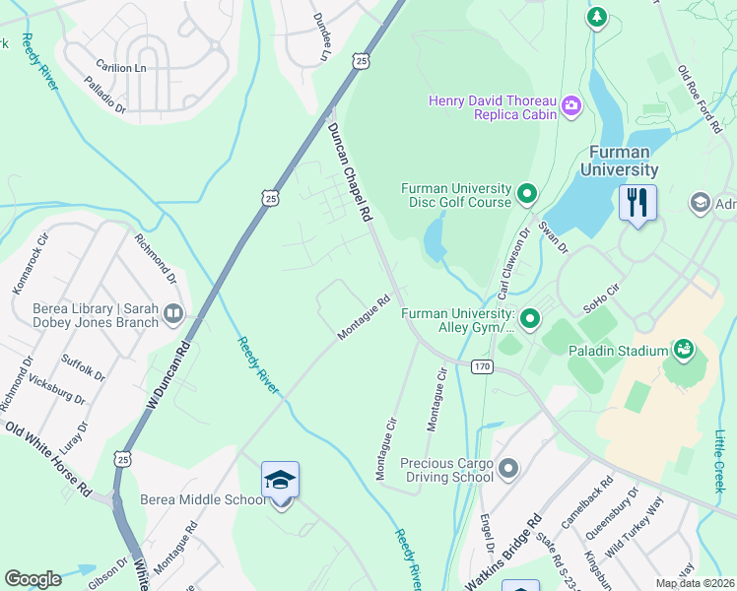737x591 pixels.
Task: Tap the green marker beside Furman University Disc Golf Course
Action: (x=527, y=194)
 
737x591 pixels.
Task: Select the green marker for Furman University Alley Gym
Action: (x=531, y=318)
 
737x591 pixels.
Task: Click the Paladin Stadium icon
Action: (x=682, y=349)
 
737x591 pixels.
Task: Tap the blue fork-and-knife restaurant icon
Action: (x=637, y=204)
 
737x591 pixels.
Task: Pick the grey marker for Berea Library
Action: (x=173, y=314)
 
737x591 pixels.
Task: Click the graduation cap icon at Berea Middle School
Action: (x=281, y=482)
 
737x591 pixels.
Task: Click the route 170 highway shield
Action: (x=482, y=366)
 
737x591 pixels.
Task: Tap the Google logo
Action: (x=33, y=578)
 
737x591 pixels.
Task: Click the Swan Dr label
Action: (x=553, y=237)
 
